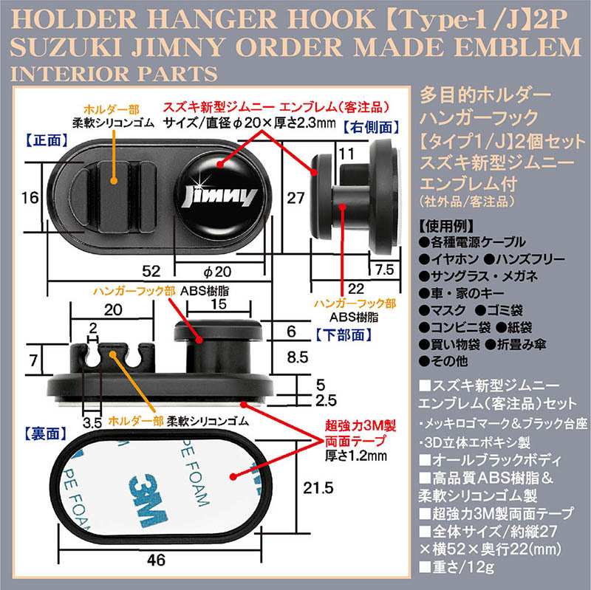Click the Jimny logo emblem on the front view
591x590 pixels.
coord(219,197)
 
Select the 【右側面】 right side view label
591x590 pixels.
coord(372,127)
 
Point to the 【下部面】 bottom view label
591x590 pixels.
coord(343,335)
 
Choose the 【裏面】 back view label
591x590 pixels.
coord(45,434)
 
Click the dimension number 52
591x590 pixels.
coord(151,271)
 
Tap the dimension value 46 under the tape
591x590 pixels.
coord(156,560)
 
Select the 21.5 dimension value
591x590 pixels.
coord(318,488)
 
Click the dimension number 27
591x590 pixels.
coord(295,198)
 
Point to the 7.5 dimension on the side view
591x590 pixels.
coord(384,270)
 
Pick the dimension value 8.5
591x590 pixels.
coord(298,357)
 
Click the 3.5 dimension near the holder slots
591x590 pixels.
coord(92,423)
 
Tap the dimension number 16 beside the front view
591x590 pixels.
coord(30,198)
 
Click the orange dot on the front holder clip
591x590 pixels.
coord(114,181)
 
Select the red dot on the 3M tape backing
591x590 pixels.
coord(233,477)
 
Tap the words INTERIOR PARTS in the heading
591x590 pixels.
coord(114,73)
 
